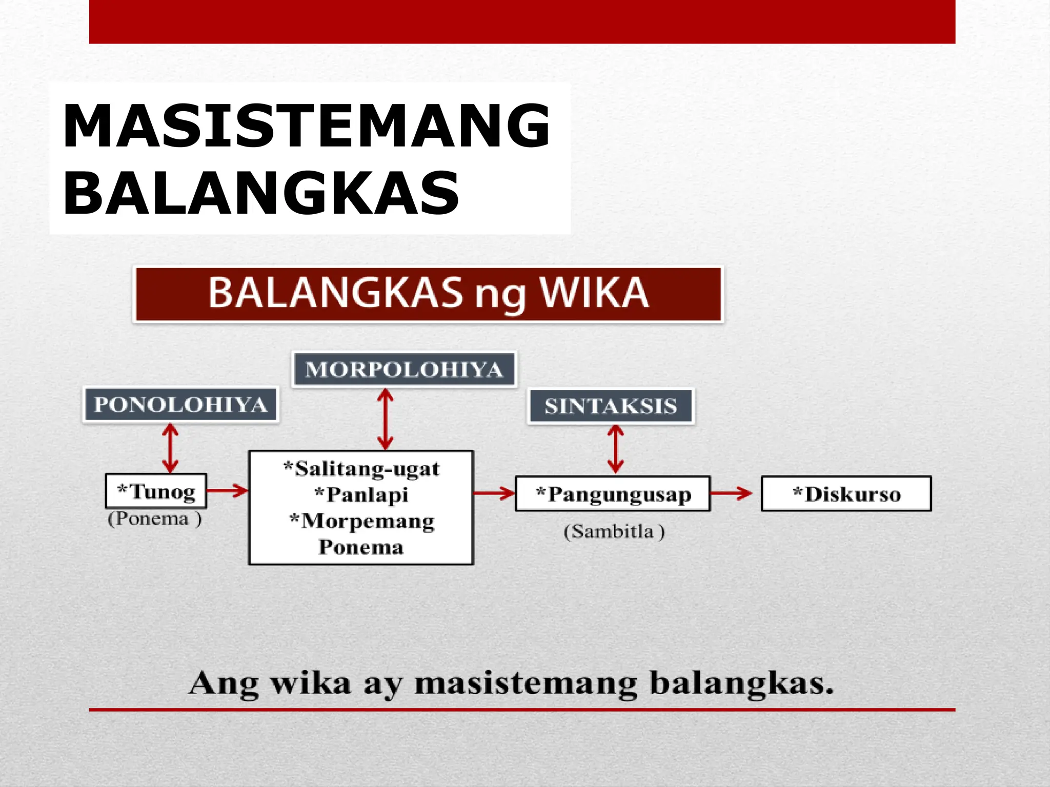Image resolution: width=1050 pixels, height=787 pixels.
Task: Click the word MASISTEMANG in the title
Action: click(x=306, y=126)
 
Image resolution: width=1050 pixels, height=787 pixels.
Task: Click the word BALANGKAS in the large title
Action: click(x=261, y=194)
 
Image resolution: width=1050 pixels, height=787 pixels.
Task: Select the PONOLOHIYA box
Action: click(x=180, y=405)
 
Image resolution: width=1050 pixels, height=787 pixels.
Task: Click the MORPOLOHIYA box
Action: click(x=404, y=369)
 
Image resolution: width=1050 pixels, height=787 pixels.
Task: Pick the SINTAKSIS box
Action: click(x=611, y=406)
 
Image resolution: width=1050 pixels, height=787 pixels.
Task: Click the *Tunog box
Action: click(x=156, y=491)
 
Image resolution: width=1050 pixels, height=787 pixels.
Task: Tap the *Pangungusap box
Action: click(x=613, y=494)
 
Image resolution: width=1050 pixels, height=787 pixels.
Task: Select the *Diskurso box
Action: click(x=846, y=494)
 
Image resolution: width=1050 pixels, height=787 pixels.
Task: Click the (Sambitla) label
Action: click(x=614, y=531)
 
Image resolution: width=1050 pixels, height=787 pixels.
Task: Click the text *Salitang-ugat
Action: click(x=361, y=469)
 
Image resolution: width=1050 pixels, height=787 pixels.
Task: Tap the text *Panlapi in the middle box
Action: click(x=361, y=494)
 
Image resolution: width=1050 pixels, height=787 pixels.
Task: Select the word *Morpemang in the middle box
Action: click(x=361, y=521)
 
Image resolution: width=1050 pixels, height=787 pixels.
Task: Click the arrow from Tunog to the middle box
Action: click(x=227, y=490)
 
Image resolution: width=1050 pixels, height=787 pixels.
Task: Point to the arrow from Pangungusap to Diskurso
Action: click(x=731, y=493)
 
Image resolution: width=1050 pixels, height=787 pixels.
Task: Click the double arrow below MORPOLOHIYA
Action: click(x=385, y=419)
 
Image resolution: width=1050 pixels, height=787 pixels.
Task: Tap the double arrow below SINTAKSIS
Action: click(x=616, y=449)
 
